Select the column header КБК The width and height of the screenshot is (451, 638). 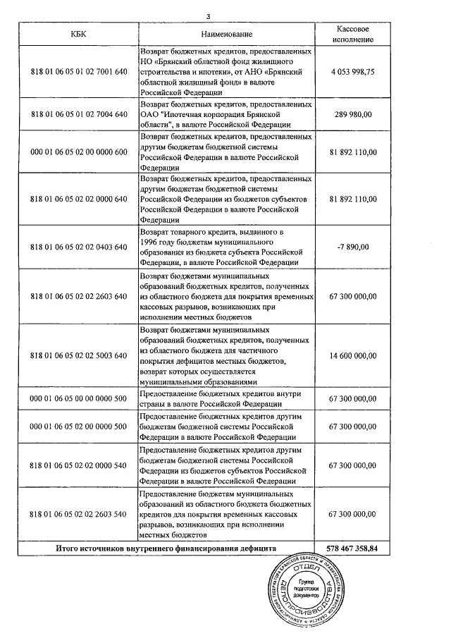click(x=80, y=34)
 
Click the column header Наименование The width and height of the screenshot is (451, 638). click(x=226, y=34)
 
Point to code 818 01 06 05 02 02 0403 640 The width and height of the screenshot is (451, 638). click(x=80, y=246)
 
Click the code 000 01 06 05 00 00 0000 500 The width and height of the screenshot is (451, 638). click(x=80, y=398)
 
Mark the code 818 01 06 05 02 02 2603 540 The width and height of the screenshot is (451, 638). click(x=80, y=515)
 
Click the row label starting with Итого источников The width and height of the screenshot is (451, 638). click(x=166, y=548)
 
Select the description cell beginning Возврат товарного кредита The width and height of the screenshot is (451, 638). click(x=226, y=246)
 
